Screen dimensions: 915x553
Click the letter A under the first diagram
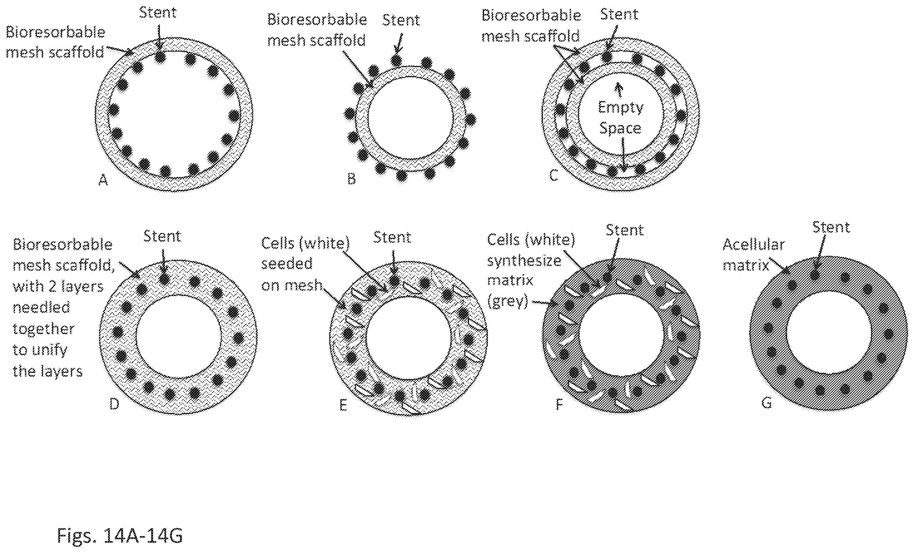[103, 180]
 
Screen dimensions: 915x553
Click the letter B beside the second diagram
[351, 179]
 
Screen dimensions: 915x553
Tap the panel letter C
[553, 175]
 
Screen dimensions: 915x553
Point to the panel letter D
[114, 404]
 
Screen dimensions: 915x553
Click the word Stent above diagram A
[158, 13]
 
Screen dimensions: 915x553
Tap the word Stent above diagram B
[401, 20]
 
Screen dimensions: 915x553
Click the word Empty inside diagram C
[620, 108]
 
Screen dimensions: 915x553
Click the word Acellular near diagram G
[753, 245]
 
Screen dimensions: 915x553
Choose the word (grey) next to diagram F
[508, 302]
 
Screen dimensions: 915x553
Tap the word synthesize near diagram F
[524, 261]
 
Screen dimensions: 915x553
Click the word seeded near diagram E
[287, 264]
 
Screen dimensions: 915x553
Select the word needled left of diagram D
[41, 308]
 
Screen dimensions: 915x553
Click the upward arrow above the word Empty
[619, 90]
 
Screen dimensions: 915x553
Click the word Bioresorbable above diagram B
[317, 20]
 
